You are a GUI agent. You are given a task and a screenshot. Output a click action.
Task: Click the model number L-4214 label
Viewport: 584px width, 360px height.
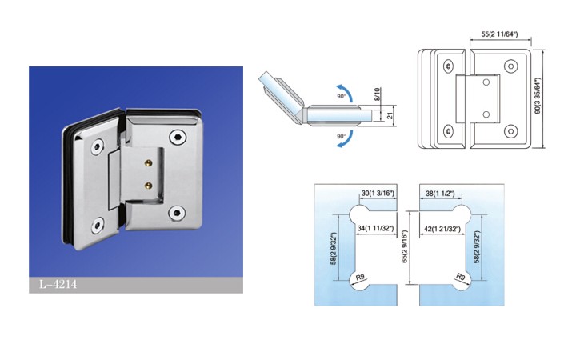[x=58, y=285]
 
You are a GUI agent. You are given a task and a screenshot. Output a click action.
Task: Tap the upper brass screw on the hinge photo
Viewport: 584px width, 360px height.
[x=149, y=162]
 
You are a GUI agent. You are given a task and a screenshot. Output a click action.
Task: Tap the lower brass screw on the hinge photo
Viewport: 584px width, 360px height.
[x=149, y=185]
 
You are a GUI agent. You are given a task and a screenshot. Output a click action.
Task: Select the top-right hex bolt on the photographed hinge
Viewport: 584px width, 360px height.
[x=177, y=137]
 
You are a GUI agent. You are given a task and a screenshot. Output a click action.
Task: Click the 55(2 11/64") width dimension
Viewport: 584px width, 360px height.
[x=499, y=34]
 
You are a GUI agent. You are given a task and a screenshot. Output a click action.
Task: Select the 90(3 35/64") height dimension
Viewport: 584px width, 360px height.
[x=538, y=96]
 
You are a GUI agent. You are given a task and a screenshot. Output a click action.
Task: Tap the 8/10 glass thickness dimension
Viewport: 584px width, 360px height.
[x=378, y=94]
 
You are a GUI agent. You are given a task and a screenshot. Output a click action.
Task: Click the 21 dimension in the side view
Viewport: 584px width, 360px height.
[x=390, y=116]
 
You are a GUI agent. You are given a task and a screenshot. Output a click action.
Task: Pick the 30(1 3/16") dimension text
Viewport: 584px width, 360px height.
[x=378, y=194]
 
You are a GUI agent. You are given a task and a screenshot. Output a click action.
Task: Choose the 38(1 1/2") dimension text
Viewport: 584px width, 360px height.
[x=440, y=194]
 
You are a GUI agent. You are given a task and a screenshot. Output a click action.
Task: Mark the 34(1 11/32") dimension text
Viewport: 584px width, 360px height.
[x=375, y=228]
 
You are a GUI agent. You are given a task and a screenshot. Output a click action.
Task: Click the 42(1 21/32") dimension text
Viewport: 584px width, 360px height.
[x=442, y=229]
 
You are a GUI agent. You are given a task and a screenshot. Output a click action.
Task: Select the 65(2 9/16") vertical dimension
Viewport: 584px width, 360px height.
[x=405, y=247]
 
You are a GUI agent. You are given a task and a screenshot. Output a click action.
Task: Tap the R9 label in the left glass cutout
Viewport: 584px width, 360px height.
[x=360, y=278]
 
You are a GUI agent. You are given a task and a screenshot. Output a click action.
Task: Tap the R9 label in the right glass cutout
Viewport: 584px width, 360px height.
[x=461, y=277]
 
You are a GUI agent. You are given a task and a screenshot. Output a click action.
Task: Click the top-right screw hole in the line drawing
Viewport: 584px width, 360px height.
[x=510, y=66]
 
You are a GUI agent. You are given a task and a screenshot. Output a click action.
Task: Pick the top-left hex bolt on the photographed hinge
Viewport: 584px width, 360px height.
[x=98, y=146]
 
